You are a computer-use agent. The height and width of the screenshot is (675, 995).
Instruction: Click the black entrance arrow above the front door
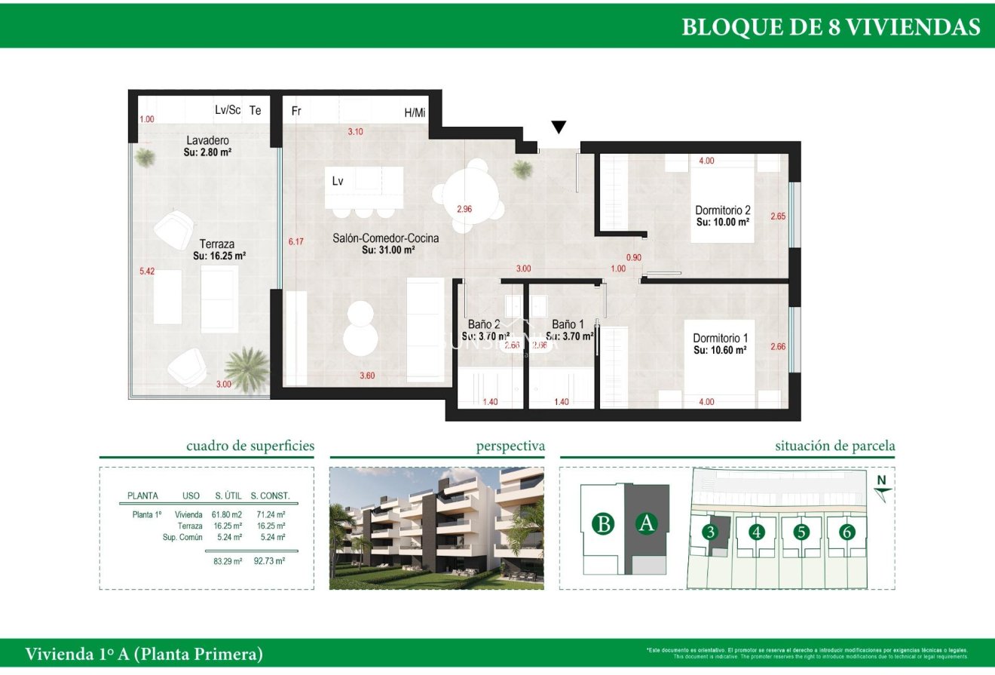(x=558, y=127)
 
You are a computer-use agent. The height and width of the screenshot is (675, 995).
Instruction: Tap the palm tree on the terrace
(x=246, y=369)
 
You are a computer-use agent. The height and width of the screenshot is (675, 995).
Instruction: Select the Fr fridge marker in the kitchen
(x=296, y=112)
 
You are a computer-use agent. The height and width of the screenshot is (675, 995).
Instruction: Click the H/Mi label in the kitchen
(x=415, y=113)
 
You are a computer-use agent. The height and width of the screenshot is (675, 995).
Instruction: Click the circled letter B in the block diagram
(x=603, y=523)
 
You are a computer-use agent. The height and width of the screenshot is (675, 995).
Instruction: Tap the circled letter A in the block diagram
(x=645, y=523)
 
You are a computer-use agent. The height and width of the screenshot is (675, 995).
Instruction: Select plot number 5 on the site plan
(x=801, y=532)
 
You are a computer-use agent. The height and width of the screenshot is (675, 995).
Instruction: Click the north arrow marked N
(x=883, y=487)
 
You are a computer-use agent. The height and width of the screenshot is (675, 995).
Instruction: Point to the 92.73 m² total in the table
(x=269, y=561)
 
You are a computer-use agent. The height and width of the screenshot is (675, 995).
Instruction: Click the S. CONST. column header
(x=270, y=496)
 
